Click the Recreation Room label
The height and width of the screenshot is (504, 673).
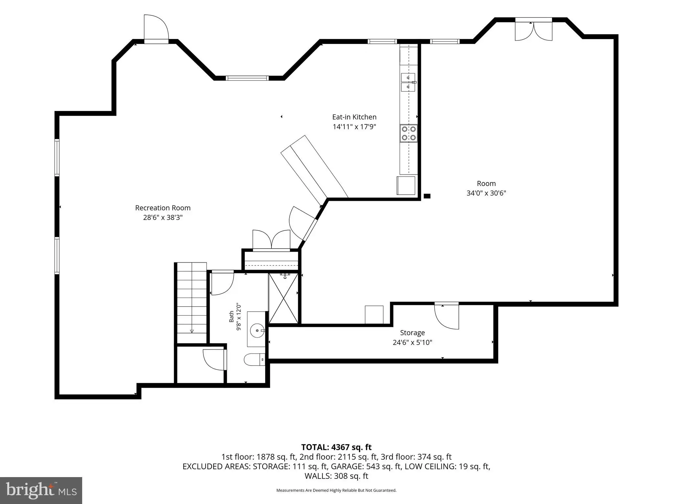[x=163, y=208]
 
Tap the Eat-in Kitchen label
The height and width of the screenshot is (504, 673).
[x=354, y=117]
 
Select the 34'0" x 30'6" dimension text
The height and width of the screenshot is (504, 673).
[x=486, y=193]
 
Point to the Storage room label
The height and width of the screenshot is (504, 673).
[x=412, y=333]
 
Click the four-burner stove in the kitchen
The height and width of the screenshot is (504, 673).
[x=408, y=133]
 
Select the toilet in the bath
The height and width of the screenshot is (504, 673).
[x=255, y=360]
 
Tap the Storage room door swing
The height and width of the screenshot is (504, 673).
[x=447, y=316]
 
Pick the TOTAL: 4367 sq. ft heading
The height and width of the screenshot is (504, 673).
[x=336, y=447]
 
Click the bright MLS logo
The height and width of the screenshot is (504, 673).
[x=41, y=490]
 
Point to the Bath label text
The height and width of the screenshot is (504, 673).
[x=231, y=317]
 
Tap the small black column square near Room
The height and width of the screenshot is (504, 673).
[x=427, y=196]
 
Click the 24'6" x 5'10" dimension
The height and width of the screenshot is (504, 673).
[x=412, y=343]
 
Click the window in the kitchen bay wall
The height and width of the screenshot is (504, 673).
[x=247, y=78]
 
